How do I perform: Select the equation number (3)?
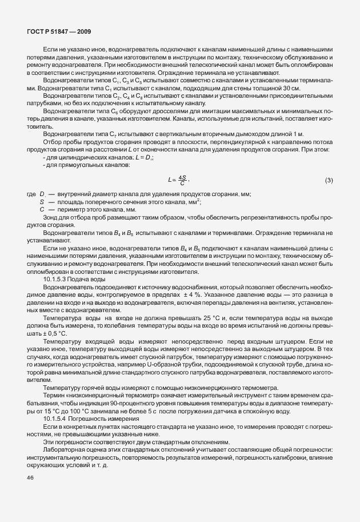click(x=329, y=181)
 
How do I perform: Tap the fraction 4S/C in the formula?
click(x=183, y=181)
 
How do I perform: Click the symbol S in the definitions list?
click(x=42, y=202)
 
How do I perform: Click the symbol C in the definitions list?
click(x=42, y=210)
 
